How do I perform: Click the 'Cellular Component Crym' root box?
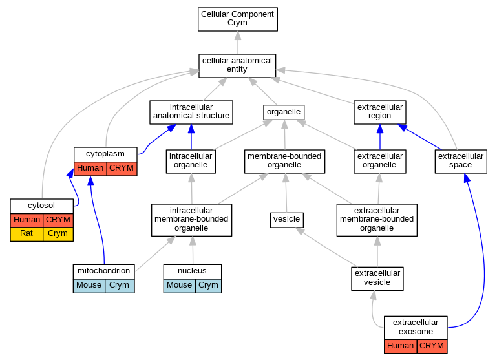click(x=238, y=19)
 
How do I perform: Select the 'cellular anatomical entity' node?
click(x=237, y=65)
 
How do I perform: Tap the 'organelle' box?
click(x=284, y=112)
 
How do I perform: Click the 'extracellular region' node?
click(x=380, y=112)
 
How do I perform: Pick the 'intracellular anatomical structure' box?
click(x=191, y=112)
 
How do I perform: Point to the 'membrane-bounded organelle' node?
click(x=284, y=162)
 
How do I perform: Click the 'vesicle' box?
click(x=287, y=220)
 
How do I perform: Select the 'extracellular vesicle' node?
click(x=377, y=279)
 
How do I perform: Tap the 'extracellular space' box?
click(x=461, y=162)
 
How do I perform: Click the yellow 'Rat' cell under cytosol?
click(x=26, y=234)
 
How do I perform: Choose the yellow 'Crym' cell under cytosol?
click(x=58, y=234)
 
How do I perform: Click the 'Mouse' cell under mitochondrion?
click(x=89, y=286)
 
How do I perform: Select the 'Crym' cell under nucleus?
click(x=209, y=286)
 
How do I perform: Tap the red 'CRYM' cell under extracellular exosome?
click(x=432, y=346)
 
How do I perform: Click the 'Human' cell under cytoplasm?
click(x=90, y=169)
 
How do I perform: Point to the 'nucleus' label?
click(x=192, y=271)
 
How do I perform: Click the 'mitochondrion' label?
click(x=103, y=271)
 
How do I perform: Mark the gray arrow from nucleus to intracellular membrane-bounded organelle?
click(x=193, y=250)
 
